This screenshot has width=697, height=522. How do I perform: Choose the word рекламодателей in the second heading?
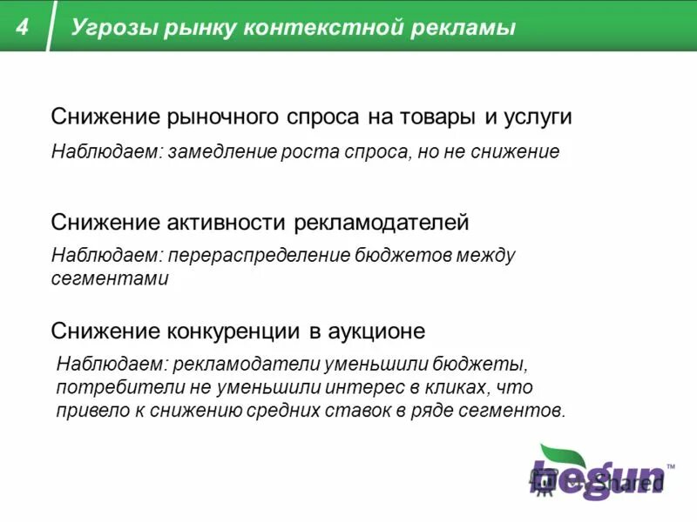pos(381,223)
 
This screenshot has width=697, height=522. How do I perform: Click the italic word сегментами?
pos(109,280)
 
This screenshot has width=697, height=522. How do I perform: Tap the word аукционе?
pos(376,331)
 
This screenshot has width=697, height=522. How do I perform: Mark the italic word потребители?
pos(109,387)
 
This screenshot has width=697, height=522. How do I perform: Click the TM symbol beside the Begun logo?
pos(670,467)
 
